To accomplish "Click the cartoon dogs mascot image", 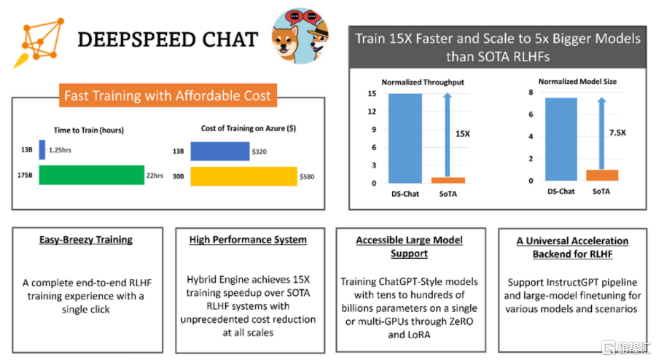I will tap(300, 36).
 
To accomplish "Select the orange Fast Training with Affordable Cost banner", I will tap(167, 95).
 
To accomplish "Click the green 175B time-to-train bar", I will tap(91, 176).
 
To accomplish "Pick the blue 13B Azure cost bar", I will tap(217, 152).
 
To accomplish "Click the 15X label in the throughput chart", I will tap(463, 134).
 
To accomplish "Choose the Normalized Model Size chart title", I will tap(577, 82).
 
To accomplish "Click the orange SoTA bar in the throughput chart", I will tap(448, 180).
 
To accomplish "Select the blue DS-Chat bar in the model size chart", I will tap(561, 139).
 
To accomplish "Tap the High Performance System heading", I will tap(248, 239).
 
